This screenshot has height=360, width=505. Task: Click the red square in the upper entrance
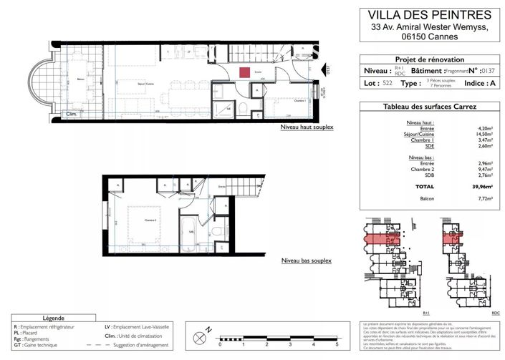point(244,72)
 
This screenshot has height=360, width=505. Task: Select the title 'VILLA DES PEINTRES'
point(430,14)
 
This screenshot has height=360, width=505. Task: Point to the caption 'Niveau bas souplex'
point(306,261)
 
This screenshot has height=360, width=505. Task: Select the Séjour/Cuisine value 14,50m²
point(484,134)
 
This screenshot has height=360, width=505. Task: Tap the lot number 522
point(387,84)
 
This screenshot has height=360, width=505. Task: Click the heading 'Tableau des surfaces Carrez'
point(430,107)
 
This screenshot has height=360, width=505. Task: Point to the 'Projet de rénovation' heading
point(430,59)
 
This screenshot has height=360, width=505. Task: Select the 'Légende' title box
point(54,318)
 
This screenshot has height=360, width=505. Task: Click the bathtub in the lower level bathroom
point(189,233)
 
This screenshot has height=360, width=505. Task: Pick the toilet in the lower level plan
point(217,231)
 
